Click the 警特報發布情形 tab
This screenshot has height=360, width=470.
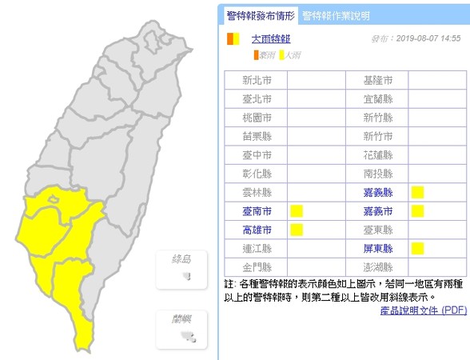(x=261, y=15)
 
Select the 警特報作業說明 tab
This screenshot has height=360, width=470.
(x=336, y=15)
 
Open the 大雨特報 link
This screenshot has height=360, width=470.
(x=271, y=38)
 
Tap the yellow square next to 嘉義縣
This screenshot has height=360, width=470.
(x=416, y=192)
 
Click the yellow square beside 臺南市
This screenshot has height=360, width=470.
(x=296, y=211)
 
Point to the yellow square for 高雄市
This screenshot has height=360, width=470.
(x=296, y=230)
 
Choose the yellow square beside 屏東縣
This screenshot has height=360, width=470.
(x=416, y=248)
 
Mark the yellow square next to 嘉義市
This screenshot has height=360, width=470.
(x=416, y=211)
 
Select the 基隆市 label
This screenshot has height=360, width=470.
(x=377, y=81)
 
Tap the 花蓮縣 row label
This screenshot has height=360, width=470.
(x=377, y=154)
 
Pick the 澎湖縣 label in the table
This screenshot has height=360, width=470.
(x=377, y=266)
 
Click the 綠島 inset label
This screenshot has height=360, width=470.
(x=182, y=259)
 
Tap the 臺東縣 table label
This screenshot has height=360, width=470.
(x=377, y=230)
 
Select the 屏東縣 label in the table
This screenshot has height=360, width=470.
(x=377, y=248)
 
